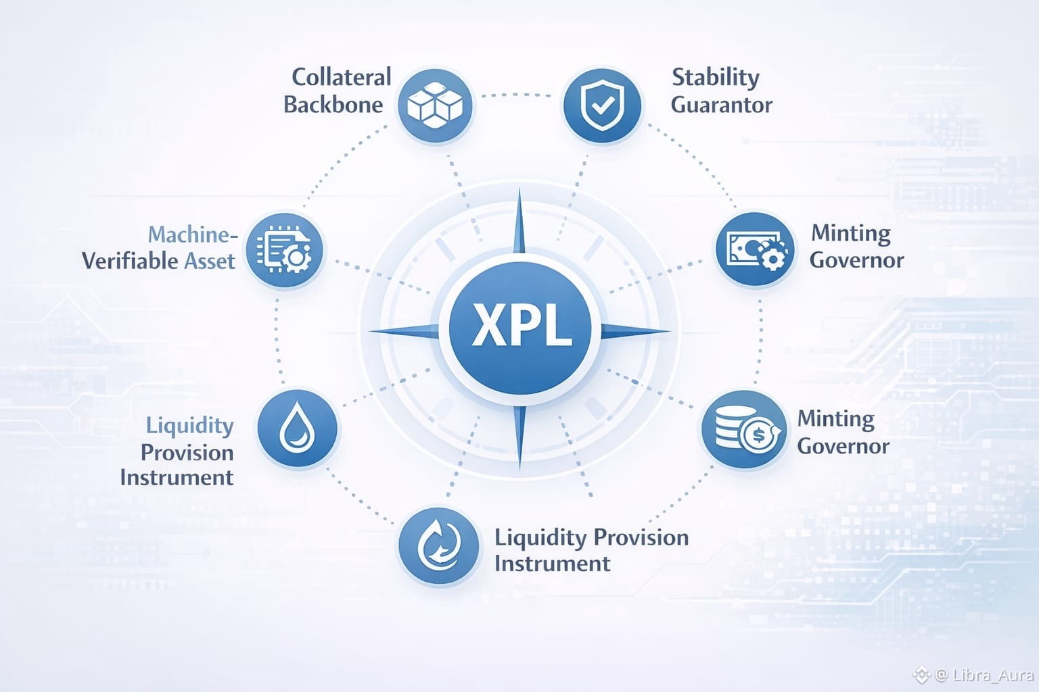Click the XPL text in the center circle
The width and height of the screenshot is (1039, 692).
520,326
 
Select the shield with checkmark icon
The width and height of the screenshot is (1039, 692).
601,105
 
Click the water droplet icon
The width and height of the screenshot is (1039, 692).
297,429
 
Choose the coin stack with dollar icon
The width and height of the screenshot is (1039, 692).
742,430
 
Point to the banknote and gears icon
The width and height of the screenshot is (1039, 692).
756,251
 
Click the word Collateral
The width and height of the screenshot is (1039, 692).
342,77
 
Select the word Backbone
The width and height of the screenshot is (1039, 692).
333,105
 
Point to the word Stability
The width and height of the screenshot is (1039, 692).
715,77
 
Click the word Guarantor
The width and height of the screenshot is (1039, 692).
722,105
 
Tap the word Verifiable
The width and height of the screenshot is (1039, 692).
130,261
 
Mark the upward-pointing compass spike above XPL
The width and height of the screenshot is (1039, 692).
519,223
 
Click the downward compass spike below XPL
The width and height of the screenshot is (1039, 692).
519,436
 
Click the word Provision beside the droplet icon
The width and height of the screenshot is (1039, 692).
187,452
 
